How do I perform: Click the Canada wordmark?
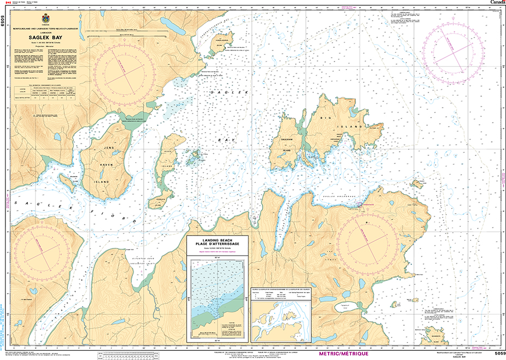pyautogui.click(x=497, y=3)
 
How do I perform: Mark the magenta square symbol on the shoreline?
pyautogui.click(x=359, y=204)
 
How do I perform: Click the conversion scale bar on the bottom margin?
pyautogui.click(x=147, y=354)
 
